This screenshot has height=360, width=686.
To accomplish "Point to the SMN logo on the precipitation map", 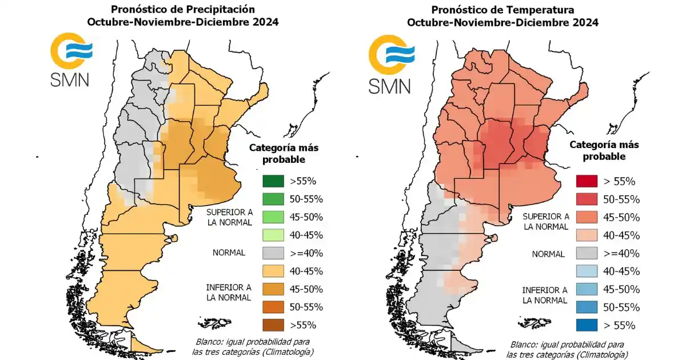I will pos(69,60).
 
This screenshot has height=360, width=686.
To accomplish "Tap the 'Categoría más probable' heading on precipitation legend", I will pos(284,153).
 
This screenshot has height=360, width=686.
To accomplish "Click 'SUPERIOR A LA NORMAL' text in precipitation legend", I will pos(229,217).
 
